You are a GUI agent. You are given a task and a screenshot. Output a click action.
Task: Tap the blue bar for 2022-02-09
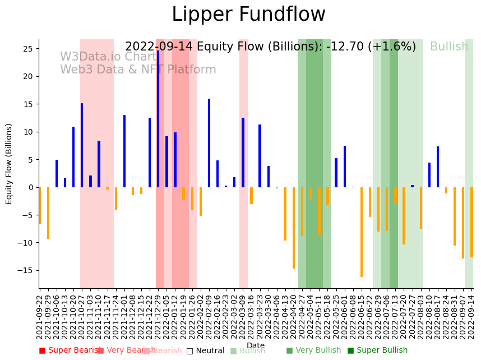[x=209, y=143]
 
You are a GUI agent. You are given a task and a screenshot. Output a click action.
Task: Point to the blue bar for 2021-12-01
[x=124, y=151]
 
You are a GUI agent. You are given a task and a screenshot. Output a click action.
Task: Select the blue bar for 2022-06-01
[x=345, y=167]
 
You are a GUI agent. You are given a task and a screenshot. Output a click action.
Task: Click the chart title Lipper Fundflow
[x=248, y=15]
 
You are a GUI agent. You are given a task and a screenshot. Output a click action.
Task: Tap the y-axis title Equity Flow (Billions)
[x=9, y=164]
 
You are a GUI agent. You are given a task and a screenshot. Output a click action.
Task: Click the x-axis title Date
[x=256, y=346]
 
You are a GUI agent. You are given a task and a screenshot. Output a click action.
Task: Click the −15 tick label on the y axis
[x=26, y=270]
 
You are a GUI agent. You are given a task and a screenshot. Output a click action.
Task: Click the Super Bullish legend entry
[x=377, y=350]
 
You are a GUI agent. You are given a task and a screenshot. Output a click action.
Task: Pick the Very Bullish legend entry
[x=313, y=350]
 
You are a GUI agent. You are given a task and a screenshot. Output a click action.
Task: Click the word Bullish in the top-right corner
[x=449, y=47]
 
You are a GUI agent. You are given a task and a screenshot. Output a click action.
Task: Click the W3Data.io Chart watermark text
[x=108, y=57]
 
